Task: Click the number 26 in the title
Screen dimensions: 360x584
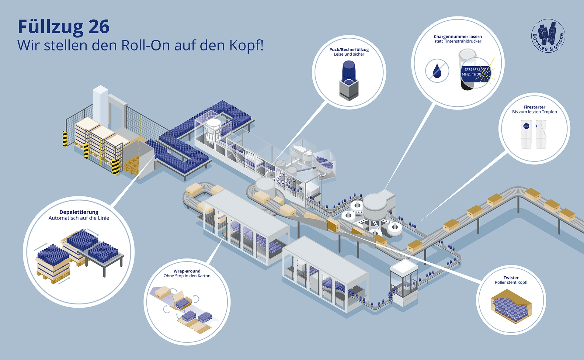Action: click(99, 27)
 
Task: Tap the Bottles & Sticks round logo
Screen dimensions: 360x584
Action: click(548, 36)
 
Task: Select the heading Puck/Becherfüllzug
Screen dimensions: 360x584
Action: click(349, 49)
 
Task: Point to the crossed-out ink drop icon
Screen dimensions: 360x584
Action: click(437, 71)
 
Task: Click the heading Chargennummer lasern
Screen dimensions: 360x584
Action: click(458, 36)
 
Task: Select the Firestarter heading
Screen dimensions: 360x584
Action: click(534, 107)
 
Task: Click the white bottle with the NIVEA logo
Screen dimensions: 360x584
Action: click(526, 134)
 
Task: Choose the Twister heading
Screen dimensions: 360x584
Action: click(511, 278)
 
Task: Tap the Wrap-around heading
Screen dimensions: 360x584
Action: click(187, 271)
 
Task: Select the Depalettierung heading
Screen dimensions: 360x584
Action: click(79, 212)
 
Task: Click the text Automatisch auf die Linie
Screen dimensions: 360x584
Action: click(79, 218)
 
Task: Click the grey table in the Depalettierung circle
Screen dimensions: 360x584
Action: click(105, 260)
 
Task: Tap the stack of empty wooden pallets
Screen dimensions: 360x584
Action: click(132, 166)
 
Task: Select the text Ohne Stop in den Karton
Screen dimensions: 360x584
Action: click(187, 276)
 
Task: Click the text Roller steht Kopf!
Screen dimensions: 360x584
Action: click(511, 282)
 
